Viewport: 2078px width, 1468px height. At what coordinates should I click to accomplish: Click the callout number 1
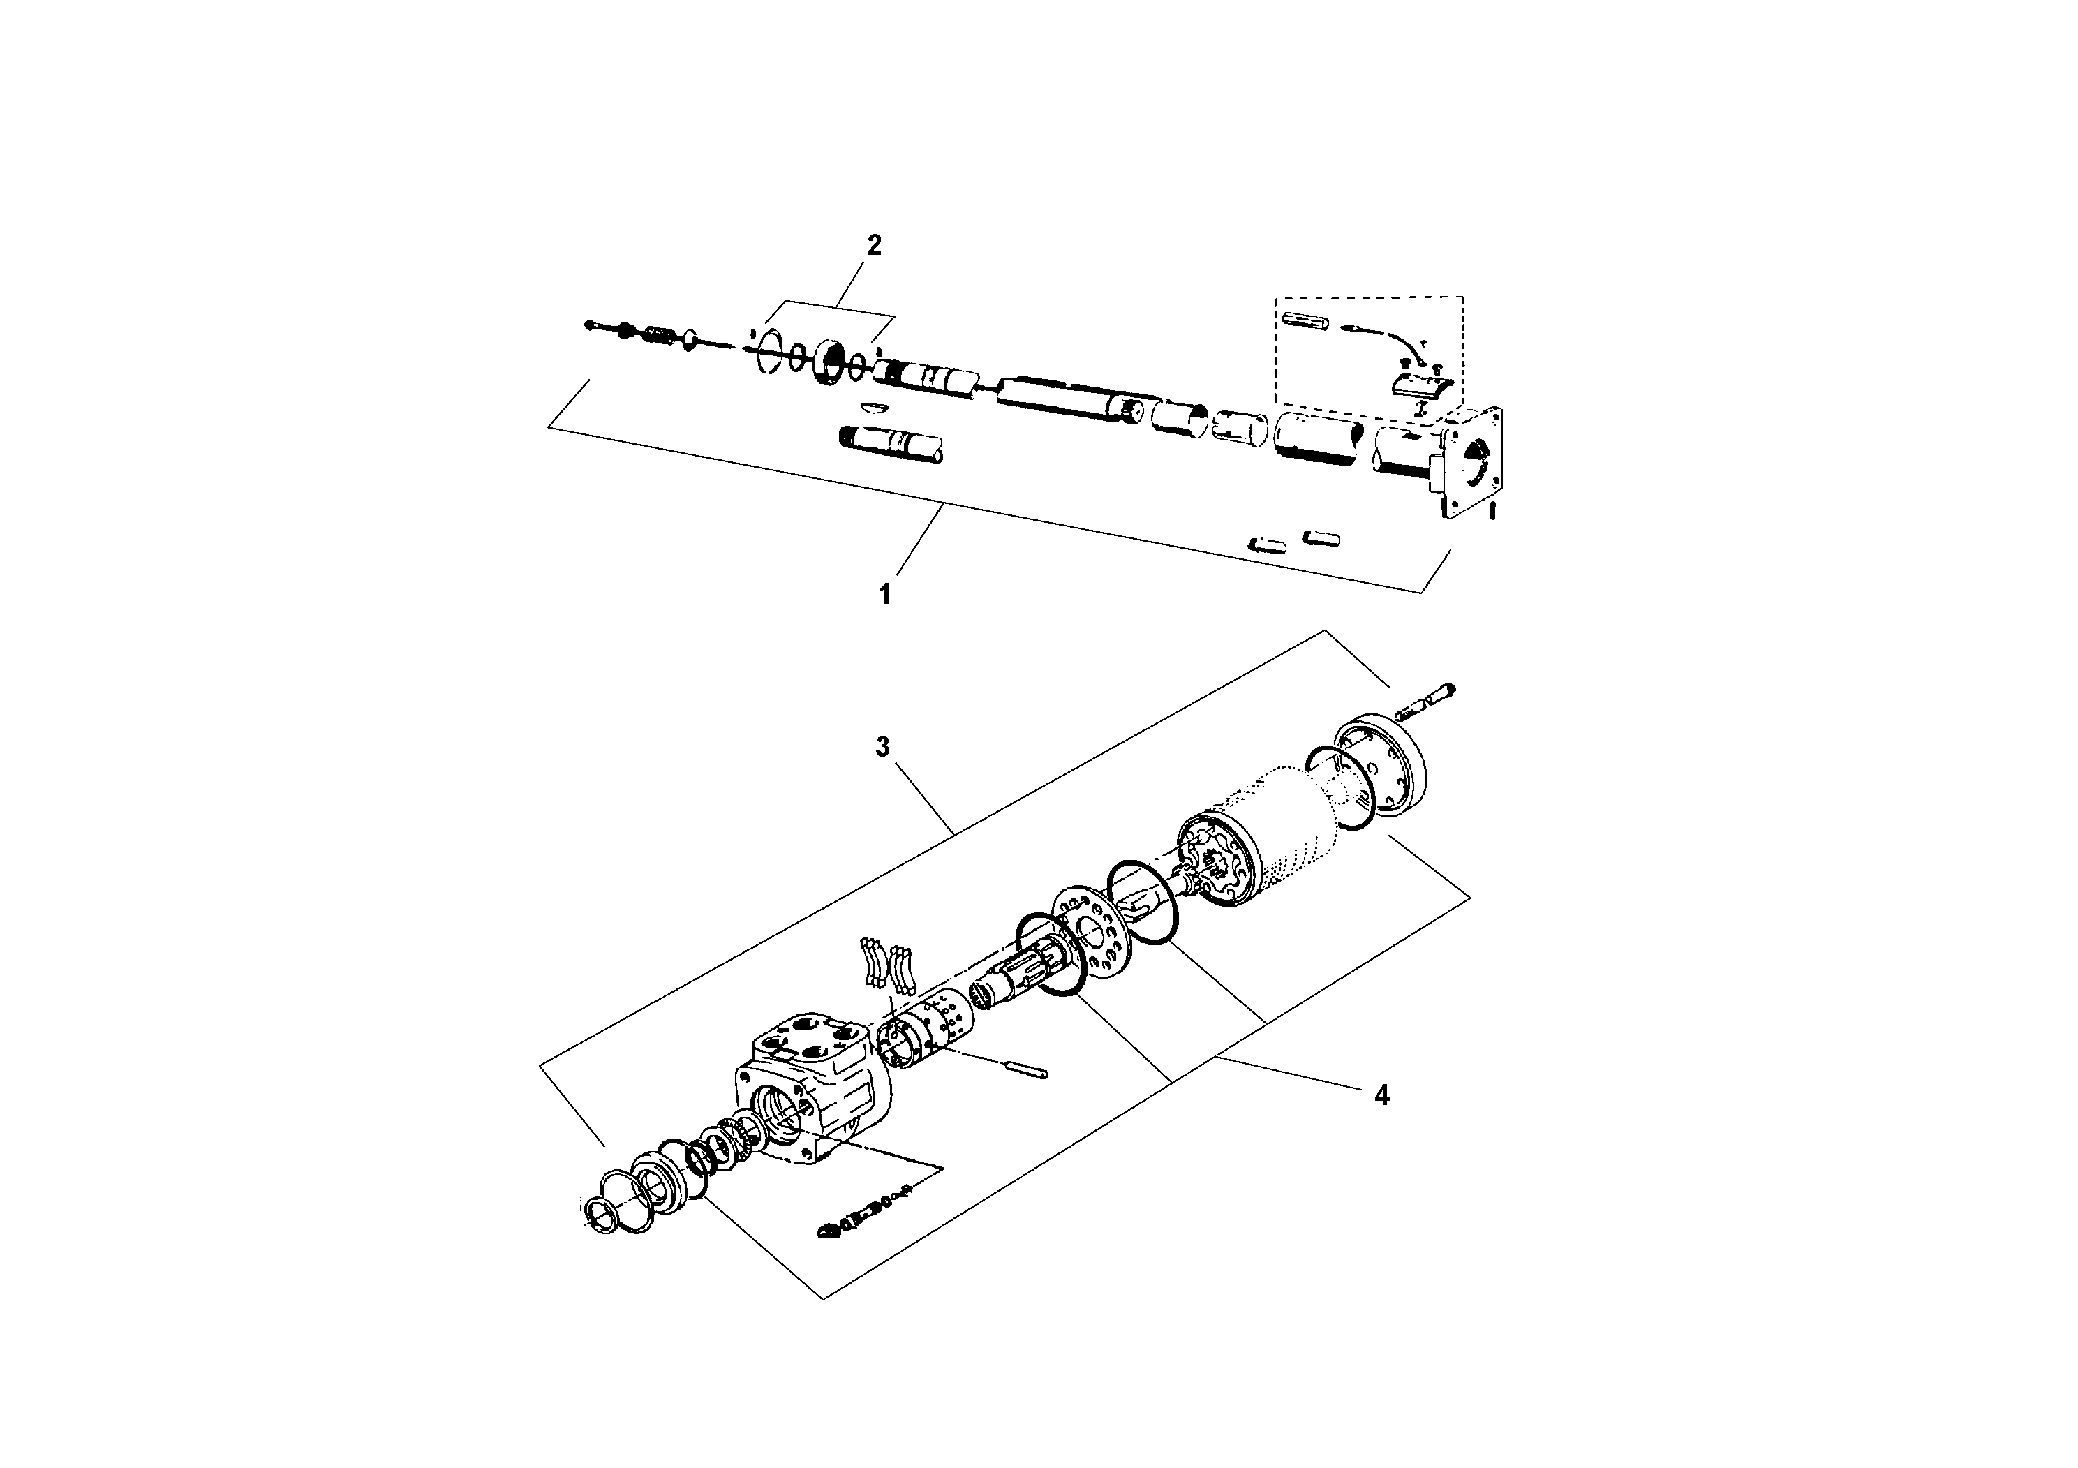(x=885, y=595)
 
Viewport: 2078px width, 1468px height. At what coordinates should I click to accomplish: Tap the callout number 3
(x=882, y=747)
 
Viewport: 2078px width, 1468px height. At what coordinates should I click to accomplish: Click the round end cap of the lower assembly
(x=1381, y=766)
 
